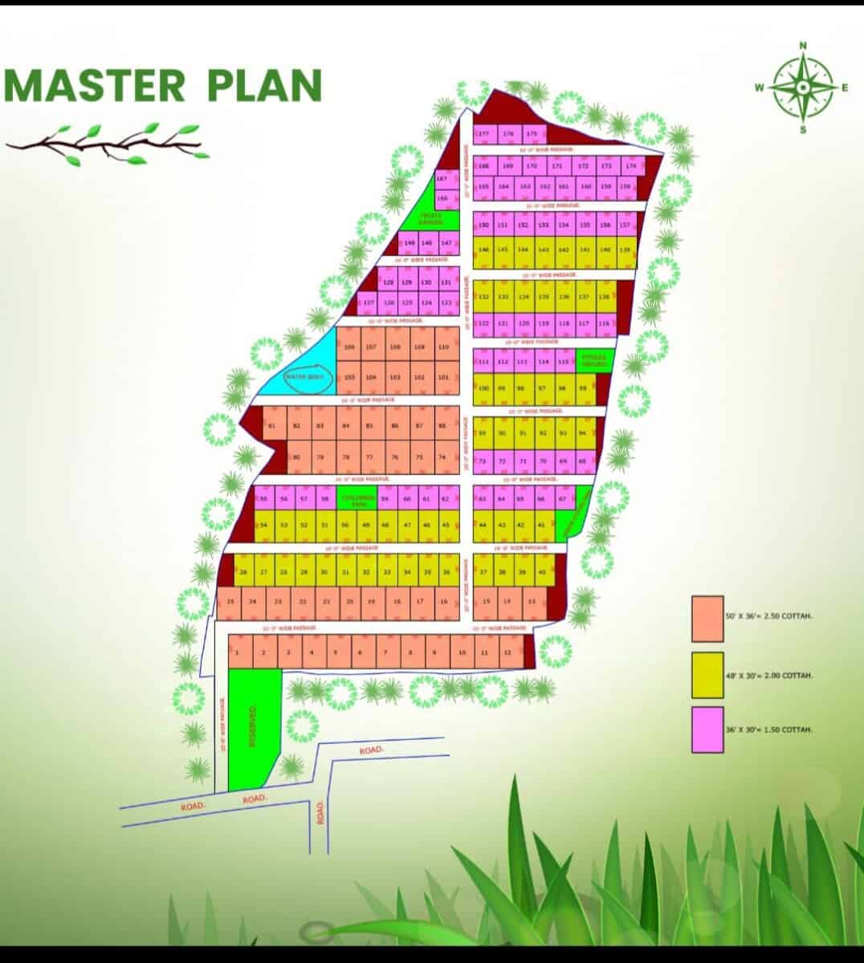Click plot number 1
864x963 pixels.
(238, 652)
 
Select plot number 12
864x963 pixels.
(507, 652)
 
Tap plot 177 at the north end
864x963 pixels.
(483, 134)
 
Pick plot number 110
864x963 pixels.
(443, 347)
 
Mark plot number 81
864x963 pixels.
(272, 425)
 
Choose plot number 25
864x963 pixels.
(230, 601)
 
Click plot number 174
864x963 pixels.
(631, 166)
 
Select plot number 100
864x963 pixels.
(483, 388)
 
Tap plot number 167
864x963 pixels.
(442, 178)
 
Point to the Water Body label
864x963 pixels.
(304, 376)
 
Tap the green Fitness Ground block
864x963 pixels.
(595, 361)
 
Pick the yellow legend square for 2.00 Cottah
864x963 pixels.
(707, 675)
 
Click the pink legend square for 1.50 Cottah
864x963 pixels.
(707, 729)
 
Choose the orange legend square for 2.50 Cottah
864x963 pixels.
(707, 619)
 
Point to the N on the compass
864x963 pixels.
(802, 46)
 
